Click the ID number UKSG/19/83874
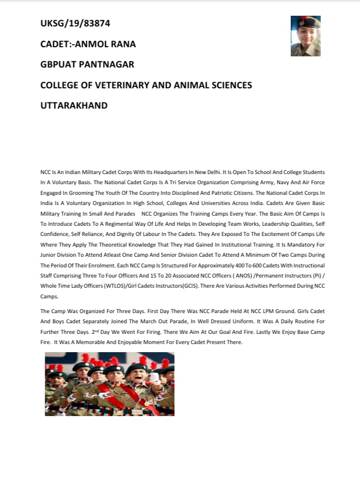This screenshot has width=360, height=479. (75, 23)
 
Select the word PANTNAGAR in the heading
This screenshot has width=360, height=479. (105, 65)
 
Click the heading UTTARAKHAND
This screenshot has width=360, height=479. (74, 106)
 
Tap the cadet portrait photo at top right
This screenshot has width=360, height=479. (306, 36)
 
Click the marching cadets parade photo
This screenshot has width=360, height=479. (110, 384)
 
